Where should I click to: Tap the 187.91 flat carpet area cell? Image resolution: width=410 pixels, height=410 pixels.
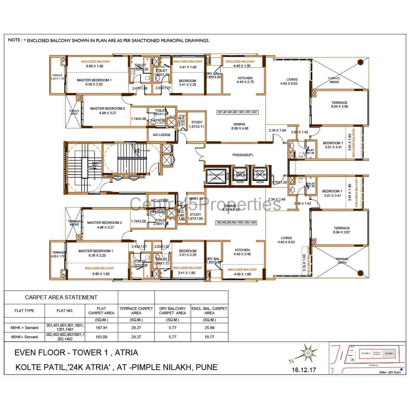[x=101, y=327]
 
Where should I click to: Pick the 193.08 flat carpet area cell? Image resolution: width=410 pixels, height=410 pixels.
[x=101, y=337]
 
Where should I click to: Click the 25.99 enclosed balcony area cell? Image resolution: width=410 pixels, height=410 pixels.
[x=209, y=327]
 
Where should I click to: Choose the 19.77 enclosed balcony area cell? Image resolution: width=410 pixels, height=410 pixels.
[x=209, y=337]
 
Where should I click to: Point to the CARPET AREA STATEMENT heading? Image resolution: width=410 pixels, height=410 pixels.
[x=61, y=297]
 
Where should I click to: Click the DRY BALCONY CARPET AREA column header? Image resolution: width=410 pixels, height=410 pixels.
[x=173, y=311]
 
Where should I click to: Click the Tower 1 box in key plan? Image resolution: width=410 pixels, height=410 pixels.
[x=388, y=354]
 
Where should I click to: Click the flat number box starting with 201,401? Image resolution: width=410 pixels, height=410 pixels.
[x=237, y=112]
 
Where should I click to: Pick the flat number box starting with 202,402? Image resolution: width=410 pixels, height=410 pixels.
[x=236, y=222]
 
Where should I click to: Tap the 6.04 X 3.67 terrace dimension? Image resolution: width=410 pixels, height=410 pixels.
[x=342, y=232]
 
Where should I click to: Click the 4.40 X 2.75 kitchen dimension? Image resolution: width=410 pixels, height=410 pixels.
[x=245, y=82]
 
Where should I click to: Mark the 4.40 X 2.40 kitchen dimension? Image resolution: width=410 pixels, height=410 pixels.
[x=242, y=254]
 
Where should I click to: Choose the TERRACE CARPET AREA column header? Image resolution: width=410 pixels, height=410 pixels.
[x=136, y=311]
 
